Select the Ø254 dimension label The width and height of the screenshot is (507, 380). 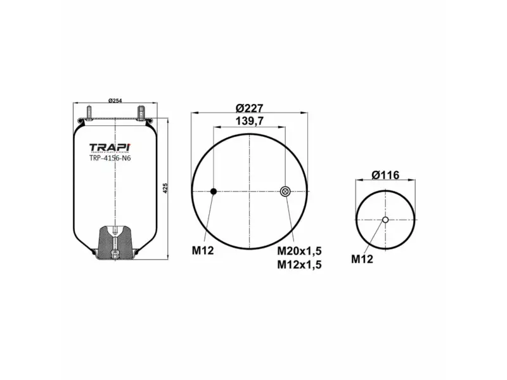coord(115,101)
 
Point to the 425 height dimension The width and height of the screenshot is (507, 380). coord(165,188)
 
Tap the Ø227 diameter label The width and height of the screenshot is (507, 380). coord(250,108)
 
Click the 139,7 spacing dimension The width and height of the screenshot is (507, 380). coord(250,122)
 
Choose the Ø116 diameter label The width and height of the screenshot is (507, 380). coord(385,175)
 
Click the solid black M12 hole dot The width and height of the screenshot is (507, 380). coord(214,191)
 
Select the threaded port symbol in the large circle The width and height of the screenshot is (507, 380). coord(285,191)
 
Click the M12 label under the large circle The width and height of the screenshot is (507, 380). coord(203,250)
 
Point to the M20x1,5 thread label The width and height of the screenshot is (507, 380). coord(299,251)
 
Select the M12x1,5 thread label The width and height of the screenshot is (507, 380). coord(299,265)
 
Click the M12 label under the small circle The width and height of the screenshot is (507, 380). coord(363,258)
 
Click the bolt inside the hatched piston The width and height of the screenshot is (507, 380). coord(115,253)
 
